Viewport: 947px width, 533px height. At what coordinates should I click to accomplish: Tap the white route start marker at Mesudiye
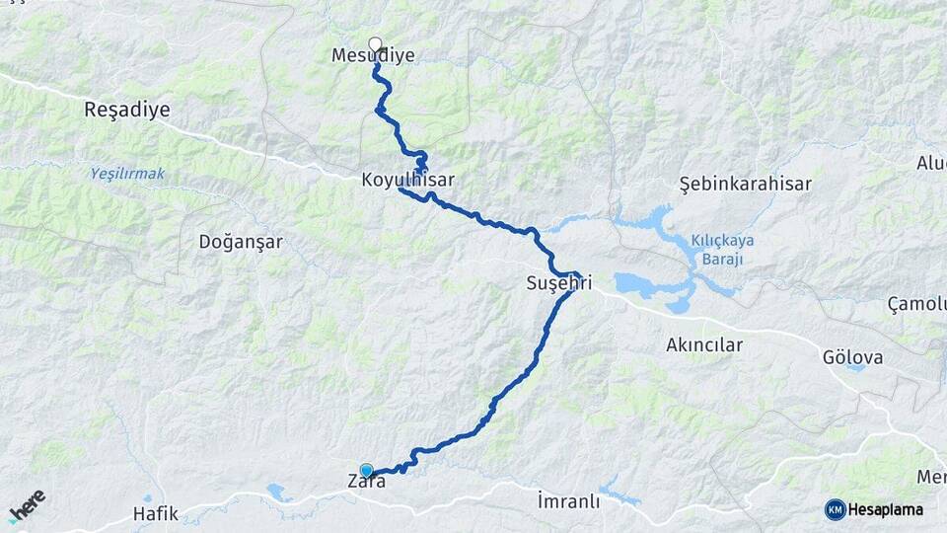pyautogui.click(x=375, y=43)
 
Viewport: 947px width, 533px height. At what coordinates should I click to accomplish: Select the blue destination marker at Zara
pyautogui.click(x=367, y=471)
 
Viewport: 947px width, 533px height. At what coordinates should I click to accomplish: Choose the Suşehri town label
pyautogui.click(x=558, y=284)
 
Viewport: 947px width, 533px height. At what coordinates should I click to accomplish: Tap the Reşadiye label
pyautogui.click(x=126, y=110)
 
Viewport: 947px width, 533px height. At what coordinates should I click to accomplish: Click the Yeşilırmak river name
pyautogui.click(x=128, y=174)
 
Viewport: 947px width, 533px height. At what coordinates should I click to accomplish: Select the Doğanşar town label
pyautogui.click(x=241, y=241)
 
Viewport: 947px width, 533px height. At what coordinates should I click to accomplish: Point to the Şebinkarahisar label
pyautogui.click(x=746, y=184)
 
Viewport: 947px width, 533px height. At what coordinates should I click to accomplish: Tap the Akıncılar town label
pyautogui.click(x=704, y=344)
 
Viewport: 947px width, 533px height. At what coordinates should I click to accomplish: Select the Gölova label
pyautogui.click(x=852, y=356)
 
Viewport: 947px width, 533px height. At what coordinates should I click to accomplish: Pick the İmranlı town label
pyautogui.click(x=568, y=500)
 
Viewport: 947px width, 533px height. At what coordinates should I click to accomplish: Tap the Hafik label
pyautogui.click(x=155, y=513)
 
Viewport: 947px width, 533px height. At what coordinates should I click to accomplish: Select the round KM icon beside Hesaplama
pyautogui.click(x=835, y=509)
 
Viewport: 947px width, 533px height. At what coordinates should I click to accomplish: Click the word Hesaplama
pyautogui.click(x=886, y=509)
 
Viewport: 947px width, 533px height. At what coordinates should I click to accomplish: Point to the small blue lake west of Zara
pyautogui.click(x=279, y=492)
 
